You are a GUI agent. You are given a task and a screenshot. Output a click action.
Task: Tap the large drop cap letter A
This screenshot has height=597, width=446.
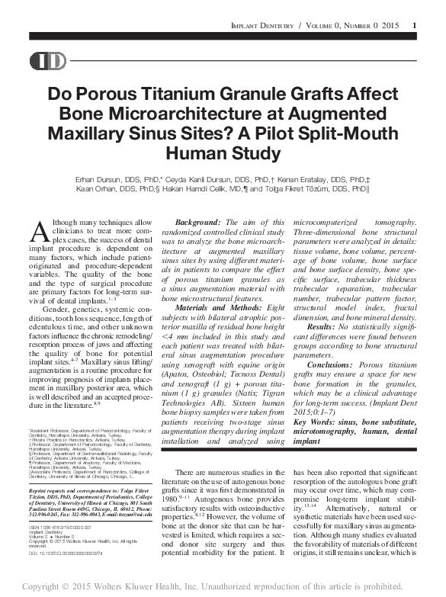pos(42,229)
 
